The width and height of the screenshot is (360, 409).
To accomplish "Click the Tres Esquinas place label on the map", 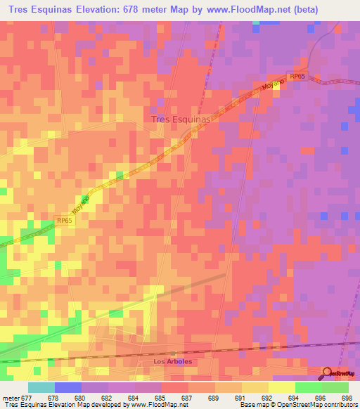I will (x=181, y=119).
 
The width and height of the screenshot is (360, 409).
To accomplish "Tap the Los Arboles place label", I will (x=172, y=361).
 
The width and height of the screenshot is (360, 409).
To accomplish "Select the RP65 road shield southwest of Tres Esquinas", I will (x=65, y=220).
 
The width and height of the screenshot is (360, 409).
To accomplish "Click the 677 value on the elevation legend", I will (x=27, y=398).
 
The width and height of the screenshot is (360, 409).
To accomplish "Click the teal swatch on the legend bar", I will (x=41, y=387).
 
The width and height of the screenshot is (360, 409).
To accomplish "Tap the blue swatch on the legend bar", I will (x=67, y=387).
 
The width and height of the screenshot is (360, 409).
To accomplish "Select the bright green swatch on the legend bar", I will (x=308, y=387).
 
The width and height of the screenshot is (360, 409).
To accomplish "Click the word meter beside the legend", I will (x=11, y=398).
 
